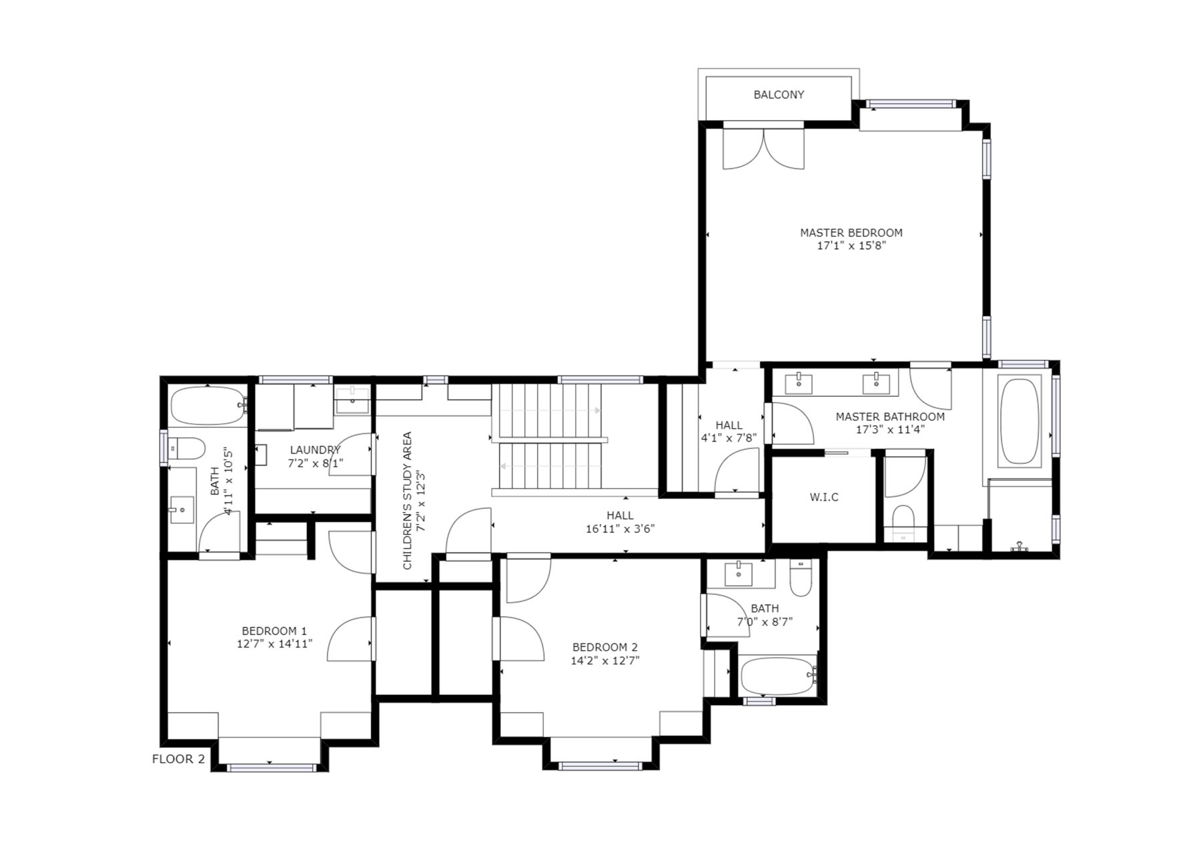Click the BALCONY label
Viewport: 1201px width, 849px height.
pyautogui.click(x=779, y=95)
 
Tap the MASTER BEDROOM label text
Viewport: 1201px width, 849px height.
pyautogui.click(x=851, y=233)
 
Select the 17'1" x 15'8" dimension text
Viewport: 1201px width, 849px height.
pyautogui.click(x=851, y=245)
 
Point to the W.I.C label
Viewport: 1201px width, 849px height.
pyautogui.click(x=824, y=498)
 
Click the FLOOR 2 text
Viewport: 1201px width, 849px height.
pyautogui.click(x=178, y=759)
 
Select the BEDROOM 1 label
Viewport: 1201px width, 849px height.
pyautogui.click(x=274, y=631)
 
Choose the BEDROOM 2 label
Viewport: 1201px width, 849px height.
pyautogui.click(x=605, y=647)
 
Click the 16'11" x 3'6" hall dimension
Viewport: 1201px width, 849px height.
pyautogui.click(x=620, y=529)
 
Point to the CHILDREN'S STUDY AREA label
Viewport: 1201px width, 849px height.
pyautogui.click(x=408, y=501)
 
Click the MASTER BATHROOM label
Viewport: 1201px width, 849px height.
pyautogui.click(x=890, y=417)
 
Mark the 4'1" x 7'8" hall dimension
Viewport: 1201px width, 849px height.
pyautogui.click(x=729, y=439)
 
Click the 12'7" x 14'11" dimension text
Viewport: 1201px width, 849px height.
pyautogui.click(x=274, y=644)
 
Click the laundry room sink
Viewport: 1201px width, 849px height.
pyautogui.click(x=352, y=400)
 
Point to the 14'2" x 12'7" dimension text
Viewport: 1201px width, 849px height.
pyautogui.click(x=605, y=661)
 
